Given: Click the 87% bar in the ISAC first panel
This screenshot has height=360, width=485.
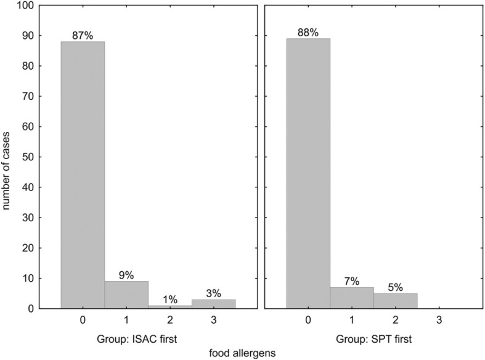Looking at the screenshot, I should pyautogui.click(x=83, y=174).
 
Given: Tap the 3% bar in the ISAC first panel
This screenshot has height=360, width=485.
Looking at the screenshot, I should pyautogui.click(x=213, y=304).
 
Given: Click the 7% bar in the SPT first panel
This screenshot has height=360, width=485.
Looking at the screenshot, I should pyautogui.click(x=352, y=298).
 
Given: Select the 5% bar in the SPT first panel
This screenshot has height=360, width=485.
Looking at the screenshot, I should pyautogui.click(x=395, y=301).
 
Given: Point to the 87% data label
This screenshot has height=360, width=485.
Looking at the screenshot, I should pyautogui.click(x=83, y=36).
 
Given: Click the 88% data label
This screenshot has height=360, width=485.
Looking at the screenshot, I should pyautogui.click(x=308, y=33).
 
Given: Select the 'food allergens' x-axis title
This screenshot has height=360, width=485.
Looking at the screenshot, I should pyautogui.click(x=243, y=353).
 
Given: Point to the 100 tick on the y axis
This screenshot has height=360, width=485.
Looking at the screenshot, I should pyautogui.click(x=26, y=6).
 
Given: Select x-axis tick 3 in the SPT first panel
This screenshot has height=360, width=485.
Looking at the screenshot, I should pyautogui.click(x=438, y=321).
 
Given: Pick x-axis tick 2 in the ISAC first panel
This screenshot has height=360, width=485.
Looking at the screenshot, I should pyautogui.click(x=169, y=321).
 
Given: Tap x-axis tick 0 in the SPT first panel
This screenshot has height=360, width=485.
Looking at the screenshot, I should pyautogui.click(x=308, y=321).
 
